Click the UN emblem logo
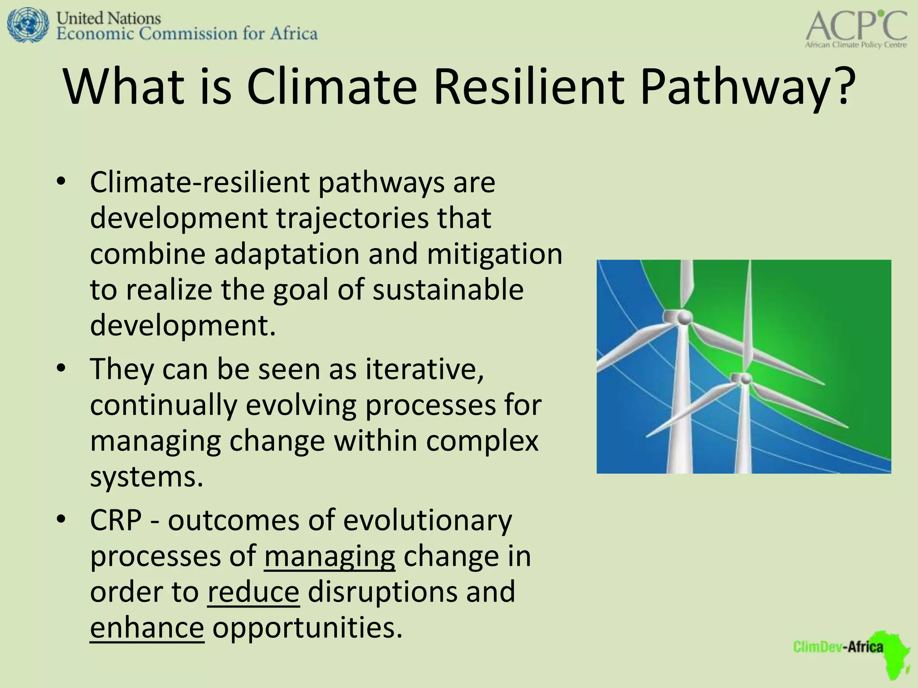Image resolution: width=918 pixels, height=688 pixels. coord(28,26)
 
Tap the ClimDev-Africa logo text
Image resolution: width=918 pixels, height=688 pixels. coord(837,647)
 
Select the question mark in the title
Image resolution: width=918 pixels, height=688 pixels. coord(843,86)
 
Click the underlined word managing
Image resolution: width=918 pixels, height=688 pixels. coord(329,556)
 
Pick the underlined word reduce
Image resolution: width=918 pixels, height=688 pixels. coord(253,592)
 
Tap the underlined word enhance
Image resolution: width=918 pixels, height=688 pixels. coord(147,628)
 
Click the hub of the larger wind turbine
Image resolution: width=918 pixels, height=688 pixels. coord(683,318)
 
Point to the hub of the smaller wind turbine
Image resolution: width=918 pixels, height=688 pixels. coord(745,379)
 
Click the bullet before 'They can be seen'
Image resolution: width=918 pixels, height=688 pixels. coord(61,369)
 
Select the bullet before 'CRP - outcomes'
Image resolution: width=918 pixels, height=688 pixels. coord(61,520)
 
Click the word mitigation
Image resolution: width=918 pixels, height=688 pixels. coord(494,254)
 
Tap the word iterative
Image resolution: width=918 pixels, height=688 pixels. coord(424,370)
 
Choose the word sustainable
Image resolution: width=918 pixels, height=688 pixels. coord(448,290)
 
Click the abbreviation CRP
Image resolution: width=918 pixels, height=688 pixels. coord(116,520)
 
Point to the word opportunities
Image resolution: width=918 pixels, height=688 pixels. coord(307,628)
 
